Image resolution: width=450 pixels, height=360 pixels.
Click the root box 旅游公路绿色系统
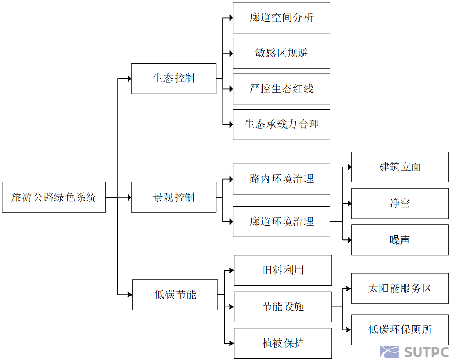point(53,197)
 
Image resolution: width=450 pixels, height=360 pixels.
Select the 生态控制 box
point(174,79)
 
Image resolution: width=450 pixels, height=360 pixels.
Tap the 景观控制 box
point(174,197)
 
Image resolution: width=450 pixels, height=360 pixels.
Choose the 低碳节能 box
point(175,295)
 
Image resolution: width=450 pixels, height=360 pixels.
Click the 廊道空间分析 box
point(281,18)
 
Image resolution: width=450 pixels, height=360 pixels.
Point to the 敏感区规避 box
point(281,53)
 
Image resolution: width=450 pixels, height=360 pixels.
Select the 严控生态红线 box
point(281,89)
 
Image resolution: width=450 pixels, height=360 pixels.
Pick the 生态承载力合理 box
point(281,125)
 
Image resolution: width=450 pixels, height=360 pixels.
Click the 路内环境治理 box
point(281,179)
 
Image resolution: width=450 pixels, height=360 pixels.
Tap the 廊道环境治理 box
point(281,222)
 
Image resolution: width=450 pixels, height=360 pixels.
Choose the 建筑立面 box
point(400,167)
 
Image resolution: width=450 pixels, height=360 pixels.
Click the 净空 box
point(400,203)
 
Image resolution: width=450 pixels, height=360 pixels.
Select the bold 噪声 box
point(400,240)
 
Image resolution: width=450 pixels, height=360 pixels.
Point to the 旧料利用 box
point(283,270)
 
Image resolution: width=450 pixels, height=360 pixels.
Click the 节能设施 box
point(283,307)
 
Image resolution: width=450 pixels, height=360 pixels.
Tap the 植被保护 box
point(283,343)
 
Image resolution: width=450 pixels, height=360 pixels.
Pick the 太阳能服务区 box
point(400,288)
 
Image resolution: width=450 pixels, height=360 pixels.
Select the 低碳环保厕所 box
point(400,330)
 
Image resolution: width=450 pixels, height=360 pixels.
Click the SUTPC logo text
point(426,352)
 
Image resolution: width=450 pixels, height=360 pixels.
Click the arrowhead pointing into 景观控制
point(129,197)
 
